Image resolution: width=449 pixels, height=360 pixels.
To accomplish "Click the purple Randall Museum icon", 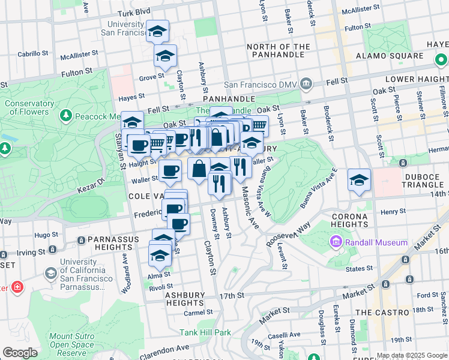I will pyautogui.click(x=335, y=242).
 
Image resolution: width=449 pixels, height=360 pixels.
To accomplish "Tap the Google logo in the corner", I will pyautogui.click(x=20, y=353).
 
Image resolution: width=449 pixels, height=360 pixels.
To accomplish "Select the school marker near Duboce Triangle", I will pyautogui.click(x=359, y=181).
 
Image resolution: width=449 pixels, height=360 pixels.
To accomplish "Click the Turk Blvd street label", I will pyautogui.click(x=133, y=12).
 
